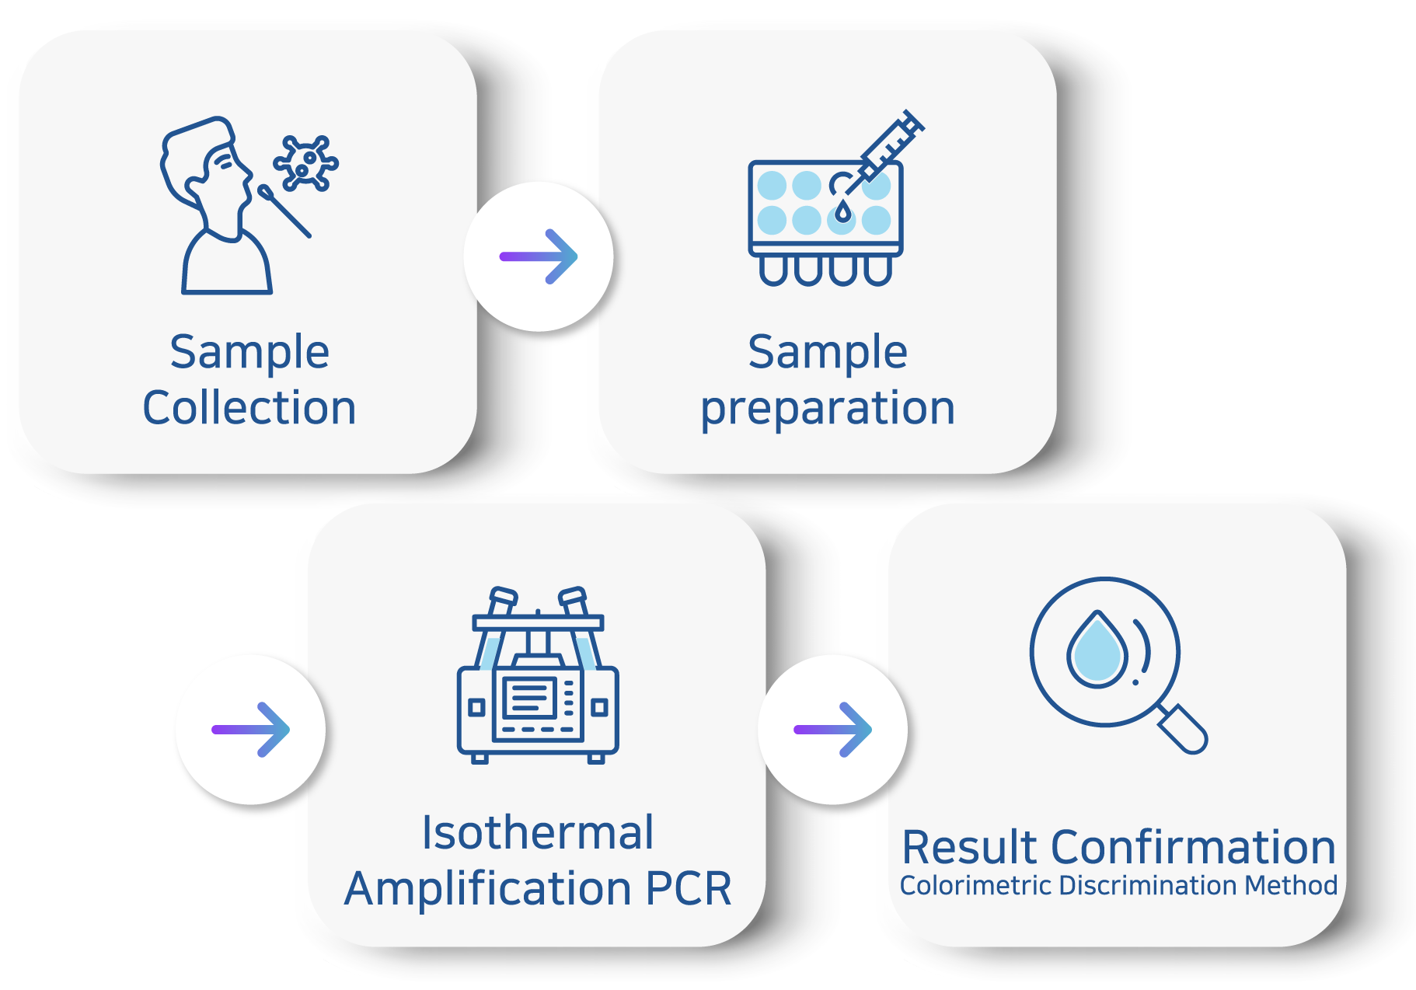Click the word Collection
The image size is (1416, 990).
tap(249, 408)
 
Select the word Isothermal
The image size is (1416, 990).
tap(538, 833)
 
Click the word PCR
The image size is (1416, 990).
tap(689, 889)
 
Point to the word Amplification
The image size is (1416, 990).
tap(488, 889)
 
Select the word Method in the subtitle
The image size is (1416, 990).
tap(1291, 886)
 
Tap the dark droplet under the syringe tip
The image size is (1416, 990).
tap(842, 211)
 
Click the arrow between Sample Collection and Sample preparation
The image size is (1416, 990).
tap(539, 256)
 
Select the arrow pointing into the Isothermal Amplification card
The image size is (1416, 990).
tap(250, 730)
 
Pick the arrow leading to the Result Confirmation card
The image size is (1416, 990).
tap(832, 730)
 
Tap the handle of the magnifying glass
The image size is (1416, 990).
tap(1183, 729)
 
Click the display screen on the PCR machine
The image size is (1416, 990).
tap(530, 696)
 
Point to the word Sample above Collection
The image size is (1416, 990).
tap(249, 352)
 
